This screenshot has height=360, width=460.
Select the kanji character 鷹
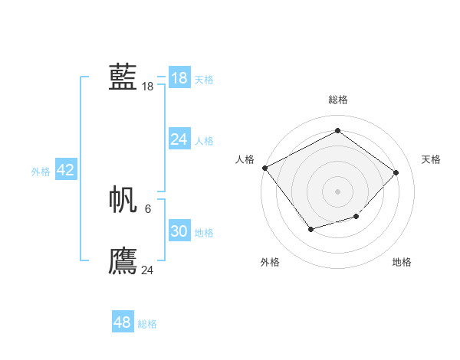click(x=123, y=260)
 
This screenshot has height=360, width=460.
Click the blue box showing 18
click(x=179, y=78)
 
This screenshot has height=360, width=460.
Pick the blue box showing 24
click(x=179, y=139)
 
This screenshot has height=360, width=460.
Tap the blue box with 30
click(x=179, y=231)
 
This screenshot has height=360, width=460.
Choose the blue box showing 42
click(x=65, y=170)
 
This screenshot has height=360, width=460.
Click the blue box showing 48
click(x=122, y=322)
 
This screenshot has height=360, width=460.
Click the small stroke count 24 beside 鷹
click(x=147, y=270)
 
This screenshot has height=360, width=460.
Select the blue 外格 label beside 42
click(x=41, y=172)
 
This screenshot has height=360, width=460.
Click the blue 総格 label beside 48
click(x=147, y=324)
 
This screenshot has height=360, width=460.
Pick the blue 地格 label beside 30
click(x=204, y=233)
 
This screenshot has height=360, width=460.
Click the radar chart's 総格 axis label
click(x=338, y=100)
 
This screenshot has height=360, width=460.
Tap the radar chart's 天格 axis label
click(x=431, y=159)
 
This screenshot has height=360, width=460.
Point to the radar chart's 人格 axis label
click(x=245, y=159)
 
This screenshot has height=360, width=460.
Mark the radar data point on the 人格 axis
click(x=265, y=168)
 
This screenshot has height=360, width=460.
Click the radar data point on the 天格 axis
click(x=396, y=172)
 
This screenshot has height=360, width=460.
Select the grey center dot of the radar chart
click(x=338, y=191)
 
